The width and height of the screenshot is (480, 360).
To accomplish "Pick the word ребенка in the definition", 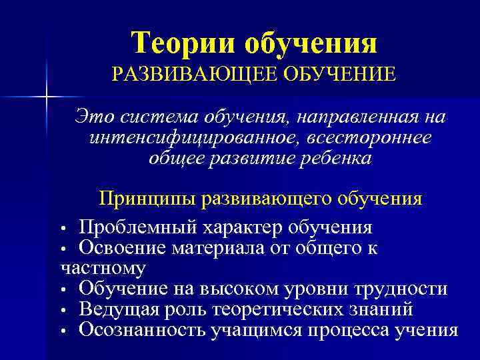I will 333,158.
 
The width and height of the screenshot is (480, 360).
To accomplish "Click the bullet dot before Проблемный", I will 64,229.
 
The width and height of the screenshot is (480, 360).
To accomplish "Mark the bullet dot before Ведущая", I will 64,311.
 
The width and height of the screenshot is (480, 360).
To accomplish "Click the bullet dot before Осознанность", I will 64,331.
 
